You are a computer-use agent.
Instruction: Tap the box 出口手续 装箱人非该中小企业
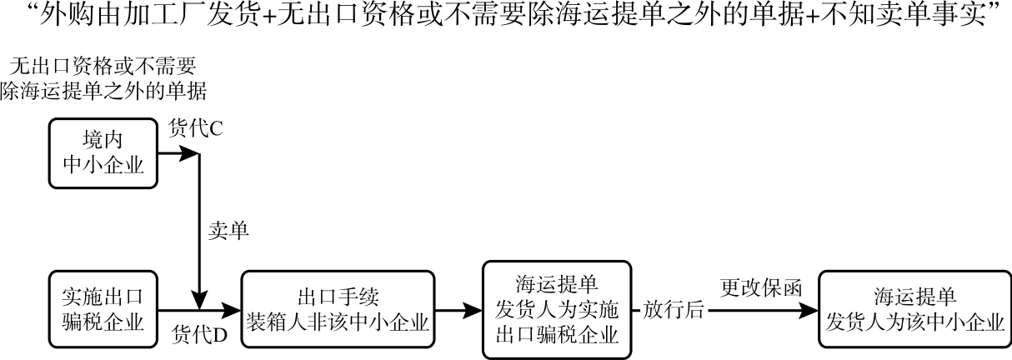pos(338,309)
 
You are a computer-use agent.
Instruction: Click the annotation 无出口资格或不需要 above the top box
pos(104,65)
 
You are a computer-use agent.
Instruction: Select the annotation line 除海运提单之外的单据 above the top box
pos(103,90)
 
